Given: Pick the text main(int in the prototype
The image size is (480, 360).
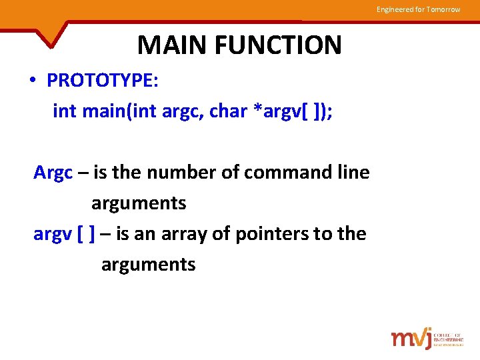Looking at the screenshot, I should [119, 111].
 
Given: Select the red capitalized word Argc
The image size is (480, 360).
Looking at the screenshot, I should [53, 173].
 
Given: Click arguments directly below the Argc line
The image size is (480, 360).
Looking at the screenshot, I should [139, 203].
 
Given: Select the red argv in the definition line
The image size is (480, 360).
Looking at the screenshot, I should [53, 235].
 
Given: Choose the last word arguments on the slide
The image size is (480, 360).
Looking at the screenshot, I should [148, 265].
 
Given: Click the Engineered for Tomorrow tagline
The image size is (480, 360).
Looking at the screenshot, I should [418, 9].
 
